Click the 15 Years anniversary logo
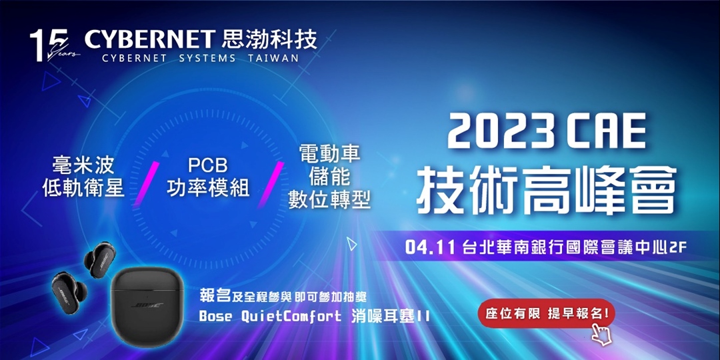50,46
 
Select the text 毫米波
83,165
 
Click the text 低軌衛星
83,188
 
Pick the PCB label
207,165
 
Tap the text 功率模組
207,188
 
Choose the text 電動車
329,155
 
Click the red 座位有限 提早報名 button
546,313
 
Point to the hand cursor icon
601,334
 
